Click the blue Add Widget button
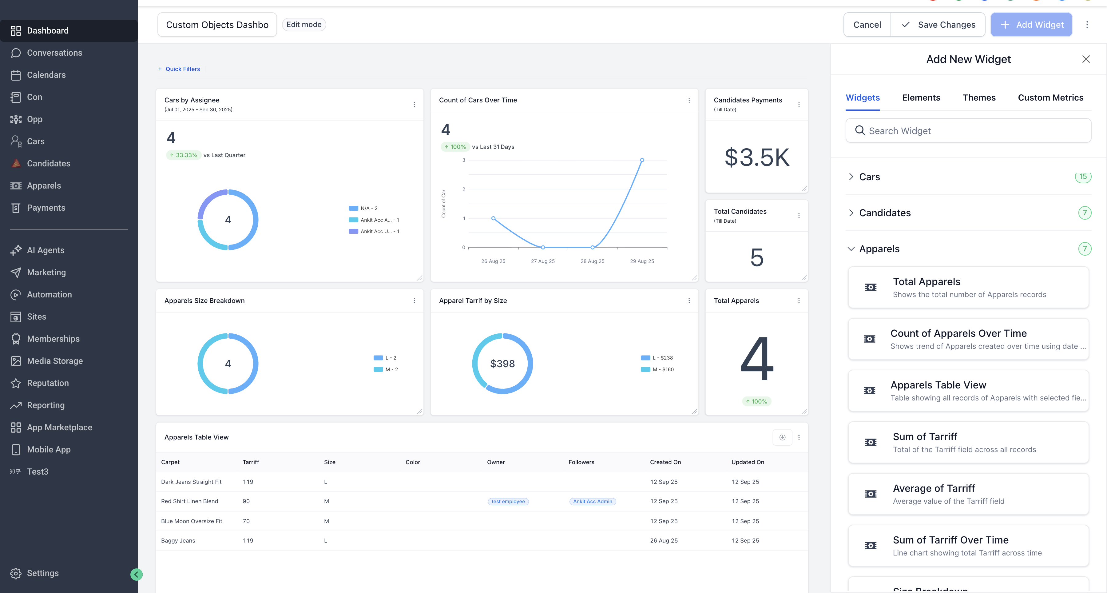click(1031, 25)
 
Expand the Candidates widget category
click(884, 213)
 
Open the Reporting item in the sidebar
click(46, 405)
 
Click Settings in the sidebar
click(42, 573)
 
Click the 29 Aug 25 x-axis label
click(641, 261)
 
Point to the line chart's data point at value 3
click(641, 160)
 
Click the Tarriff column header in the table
click(251, 462)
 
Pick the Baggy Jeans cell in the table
click(178, 541)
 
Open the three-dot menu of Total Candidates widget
click(799, 216)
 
